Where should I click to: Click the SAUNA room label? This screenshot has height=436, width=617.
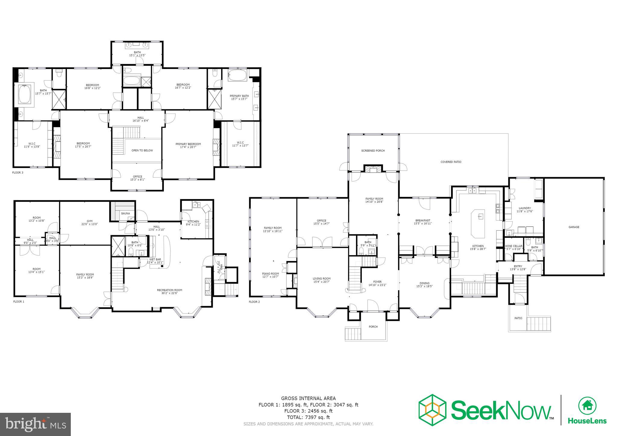point(125,213)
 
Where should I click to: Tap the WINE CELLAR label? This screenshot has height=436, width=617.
point(514,246)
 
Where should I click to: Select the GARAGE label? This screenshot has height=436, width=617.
point(574,227)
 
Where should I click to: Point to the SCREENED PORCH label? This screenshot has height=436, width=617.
point(373,151)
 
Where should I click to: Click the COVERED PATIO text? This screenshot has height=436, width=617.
point(451,162)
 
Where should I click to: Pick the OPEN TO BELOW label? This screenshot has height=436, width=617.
point(142,150)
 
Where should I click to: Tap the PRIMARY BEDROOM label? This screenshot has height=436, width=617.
point(188,144)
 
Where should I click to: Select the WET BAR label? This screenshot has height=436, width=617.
point(155,259)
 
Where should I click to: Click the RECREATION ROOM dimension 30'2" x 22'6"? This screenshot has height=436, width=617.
point(169,293)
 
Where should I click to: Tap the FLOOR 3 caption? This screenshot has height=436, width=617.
point(17,173)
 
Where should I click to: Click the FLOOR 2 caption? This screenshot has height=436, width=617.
point(254,302)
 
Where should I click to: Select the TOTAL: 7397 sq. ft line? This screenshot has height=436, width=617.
point(308,417)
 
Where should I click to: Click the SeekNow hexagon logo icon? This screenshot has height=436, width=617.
point(432,410)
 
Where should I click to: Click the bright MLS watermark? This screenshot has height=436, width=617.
point(36,424)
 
